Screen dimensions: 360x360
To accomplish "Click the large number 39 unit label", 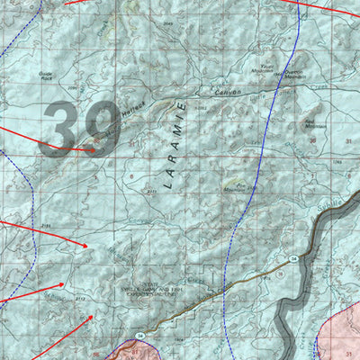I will pos(78,127).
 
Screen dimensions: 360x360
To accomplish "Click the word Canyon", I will pos(228,91).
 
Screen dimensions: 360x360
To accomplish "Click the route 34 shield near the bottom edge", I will pos(139,336).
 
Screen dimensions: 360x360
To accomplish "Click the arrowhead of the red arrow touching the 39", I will pos(93,150).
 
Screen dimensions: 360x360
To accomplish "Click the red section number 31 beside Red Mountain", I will pos(347,141).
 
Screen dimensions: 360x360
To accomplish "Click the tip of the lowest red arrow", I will pos(92,316).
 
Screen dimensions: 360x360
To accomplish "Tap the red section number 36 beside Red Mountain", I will pos(312,141).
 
